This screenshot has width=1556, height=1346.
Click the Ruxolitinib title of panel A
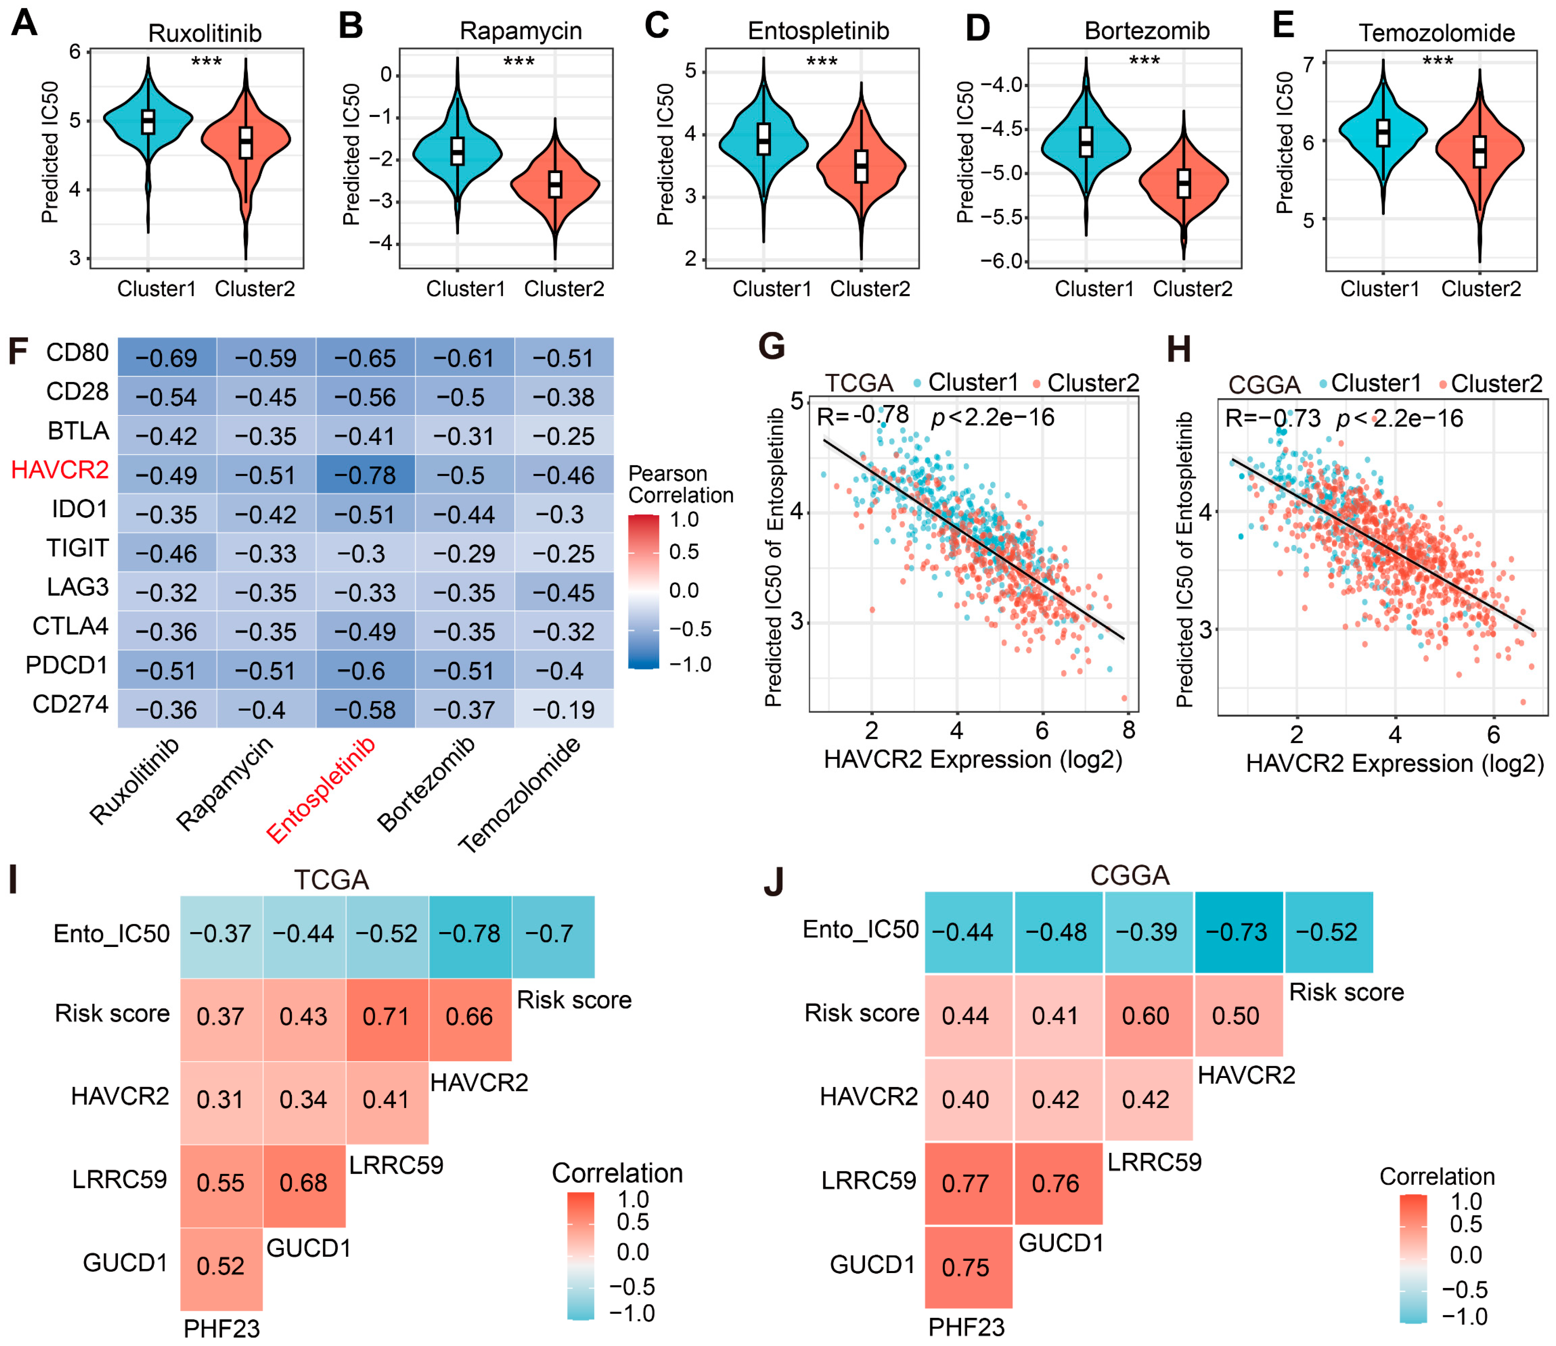click(205, 33)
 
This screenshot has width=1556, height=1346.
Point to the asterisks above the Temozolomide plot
click(1437, 60)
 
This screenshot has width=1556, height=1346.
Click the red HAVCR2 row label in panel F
click(60, 470)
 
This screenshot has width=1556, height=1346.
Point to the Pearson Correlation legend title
click(680, 485)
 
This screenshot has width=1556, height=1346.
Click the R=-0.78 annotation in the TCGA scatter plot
click(863, 415)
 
